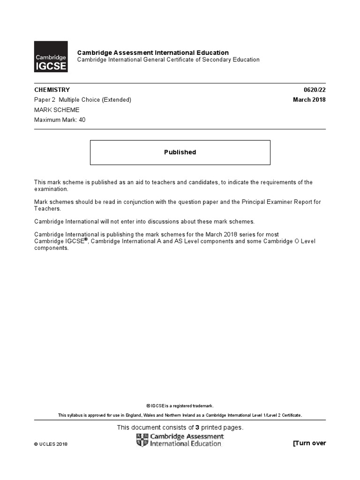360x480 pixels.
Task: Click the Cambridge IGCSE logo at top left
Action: [x=51, y=57]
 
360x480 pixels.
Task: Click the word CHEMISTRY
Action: [x=52, y=90]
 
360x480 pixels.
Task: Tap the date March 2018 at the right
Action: [x=309, y=99]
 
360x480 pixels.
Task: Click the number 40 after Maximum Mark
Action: [x=82, y=120]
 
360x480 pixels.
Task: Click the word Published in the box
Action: [x=180, y=152]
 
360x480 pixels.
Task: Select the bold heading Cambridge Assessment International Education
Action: [x=153, y=52]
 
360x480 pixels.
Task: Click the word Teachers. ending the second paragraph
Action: [x=48, y=209]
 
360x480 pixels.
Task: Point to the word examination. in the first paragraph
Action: [x=52, y=189]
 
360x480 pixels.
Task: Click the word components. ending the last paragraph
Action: [x=52, y=248]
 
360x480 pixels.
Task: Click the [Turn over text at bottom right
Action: [x=309, y=443]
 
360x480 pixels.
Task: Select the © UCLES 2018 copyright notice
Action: [x=51, y=444]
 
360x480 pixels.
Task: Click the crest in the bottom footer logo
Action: [x=142, y=440]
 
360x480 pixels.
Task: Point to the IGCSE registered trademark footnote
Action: [x=180, y=406]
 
